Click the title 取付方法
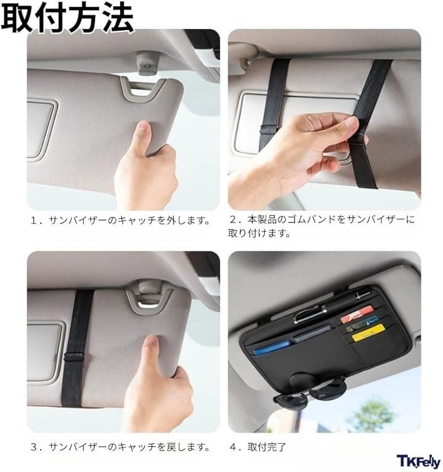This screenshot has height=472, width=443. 67,17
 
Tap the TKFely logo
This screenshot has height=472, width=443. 418,462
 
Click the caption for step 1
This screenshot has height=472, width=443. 121,221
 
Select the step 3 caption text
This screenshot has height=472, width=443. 121,447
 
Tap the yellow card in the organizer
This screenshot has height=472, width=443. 368,333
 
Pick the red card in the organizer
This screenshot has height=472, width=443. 357,314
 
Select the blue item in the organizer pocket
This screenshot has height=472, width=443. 272,347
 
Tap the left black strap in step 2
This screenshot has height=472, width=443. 274,102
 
